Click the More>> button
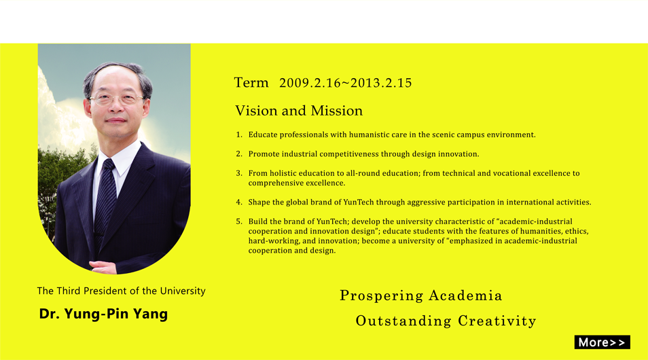point(602,342)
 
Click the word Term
point(251,83)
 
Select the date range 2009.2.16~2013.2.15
point(346,83)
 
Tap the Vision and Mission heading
point(299,111)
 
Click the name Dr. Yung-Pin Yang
point(103,314)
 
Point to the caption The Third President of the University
point(121,291)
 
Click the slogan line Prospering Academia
point(420,295)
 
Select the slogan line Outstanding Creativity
point(446,321)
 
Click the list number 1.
point(239,134)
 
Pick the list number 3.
point(239,173)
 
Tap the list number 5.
point(239,221)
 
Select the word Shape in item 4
point(259,202)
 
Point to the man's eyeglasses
point(116,98)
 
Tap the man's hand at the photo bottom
point(103,267)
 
